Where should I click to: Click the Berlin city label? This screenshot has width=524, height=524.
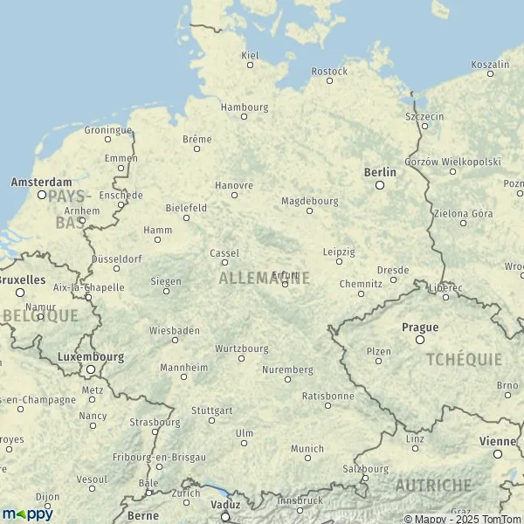(x=379, y=172)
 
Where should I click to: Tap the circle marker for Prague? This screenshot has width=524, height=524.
(x=420, y=339)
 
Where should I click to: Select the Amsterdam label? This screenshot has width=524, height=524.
(x=41, y=183)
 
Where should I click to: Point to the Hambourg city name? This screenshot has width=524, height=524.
(x=245, y=107)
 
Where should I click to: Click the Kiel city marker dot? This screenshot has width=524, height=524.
(x=250, y=65)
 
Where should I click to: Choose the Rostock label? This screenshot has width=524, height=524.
(x=329, y=71)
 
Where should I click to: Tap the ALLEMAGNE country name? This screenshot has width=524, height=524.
(x=264, y=279)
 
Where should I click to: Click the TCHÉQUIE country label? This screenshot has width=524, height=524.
(x=464, y=359)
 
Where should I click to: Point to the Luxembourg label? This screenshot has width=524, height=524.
(x=90, y=356)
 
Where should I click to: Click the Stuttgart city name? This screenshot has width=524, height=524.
(x=212, y=410)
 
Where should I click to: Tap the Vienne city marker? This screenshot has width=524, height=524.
(x=498, y=453)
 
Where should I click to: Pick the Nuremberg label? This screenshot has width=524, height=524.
(x=287, y=369)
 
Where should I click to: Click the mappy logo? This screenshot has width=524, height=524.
(x=27, y=514)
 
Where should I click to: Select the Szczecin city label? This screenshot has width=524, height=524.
(x=425, y=116)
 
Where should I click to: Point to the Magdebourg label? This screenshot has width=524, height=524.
(x=309, y=200)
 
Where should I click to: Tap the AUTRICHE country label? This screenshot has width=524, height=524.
(x=433, y=485)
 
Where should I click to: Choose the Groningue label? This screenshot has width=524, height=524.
(x=107, y=129)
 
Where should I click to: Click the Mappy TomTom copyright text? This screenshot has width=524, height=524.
(x=462, y=519)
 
